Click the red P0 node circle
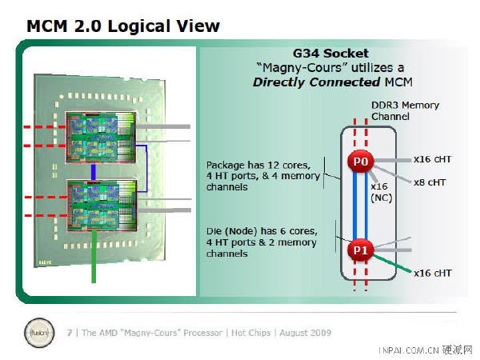[360, 162]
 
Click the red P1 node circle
[360, 250]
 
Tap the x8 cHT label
[429, 182]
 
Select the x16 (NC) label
[381, 192]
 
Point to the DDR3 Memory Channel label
[405, 111]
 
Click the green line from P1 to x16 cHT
[392, 263]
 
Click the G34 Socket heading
[330, 54]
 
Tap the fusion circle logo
[39, 333]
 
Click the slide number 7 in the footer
[70, 333]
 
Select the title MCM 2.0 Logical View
[123, 26]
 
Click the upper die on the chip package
[101, 137]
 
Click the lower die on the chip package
[102, 205]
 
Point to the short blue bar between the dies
[93, 171]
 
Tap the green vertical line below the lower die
[94, 257]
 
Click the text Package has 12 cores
[258, 166]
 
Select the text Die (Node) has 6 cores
[262, 231]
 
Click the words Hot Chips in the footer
[250, 333]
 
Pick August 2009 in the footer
[306, 333]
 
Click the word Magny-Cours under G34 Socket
[302, 68]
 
